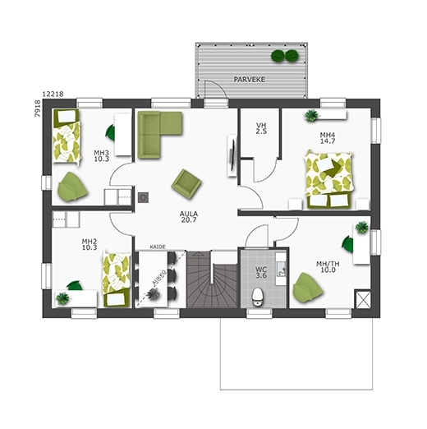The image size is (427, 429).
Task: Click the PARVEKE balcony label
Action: (249, 80)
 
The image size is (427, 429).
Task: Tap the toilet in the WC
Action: (258, 297)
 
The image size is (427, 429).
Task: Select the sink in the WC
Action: (281, 269)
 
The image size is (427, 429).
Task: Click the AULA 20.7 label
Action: (189, 216)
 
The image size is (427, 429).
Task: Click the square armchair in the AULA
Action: (186, 183)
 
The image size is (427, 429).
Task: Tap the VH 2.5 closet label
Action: (261, 128)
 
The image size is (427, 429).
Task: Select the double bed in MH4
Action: (329, 179)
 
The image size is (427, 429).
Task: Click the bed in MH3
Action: (67, 137)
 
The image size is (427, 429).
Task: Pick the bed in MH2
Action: (117, 279)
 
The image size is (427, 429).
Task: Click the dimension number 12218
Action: (53, 94)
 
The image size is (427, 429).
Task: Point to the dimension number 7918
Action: (38, 108)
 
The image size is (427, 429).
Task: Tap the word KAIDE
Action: (158, 247)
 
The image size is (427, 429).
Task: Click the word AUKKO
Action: (159, 277)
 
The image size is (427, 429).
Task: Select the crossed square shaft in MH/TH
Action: (362, 299)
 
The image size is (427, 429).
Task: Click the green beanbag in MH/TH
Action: (308, 288)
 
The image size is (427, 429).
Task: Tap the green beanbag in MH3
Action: (72, 187)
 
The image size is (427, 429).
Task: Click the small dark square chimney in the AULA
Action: (143, 197)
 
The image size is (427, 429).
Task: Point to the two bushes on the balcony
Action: (284, 55)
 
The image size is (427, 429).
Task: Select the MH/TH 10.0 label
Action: (328, 267)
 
